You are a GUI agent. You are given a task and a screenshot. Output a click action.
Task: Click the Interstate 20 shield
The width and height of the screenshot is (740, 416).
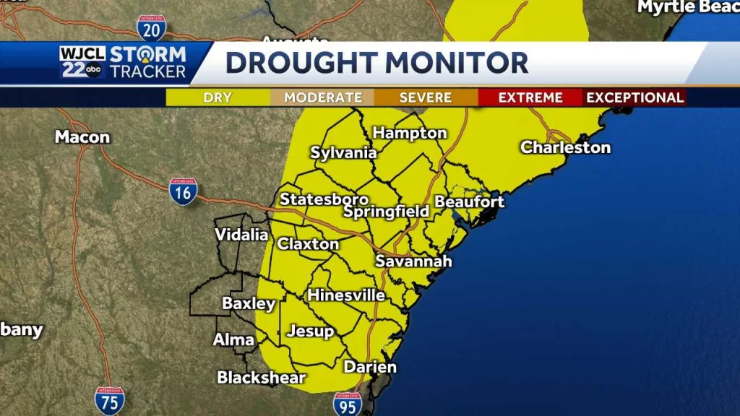point(151,27)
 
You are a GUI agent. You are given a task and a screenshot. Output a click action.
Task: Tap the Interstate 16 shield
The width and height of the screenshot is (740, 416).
point(183,191)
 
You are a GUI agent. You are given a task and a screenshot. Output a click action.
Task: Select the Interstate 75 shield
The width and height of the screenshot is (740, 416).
point(109,400)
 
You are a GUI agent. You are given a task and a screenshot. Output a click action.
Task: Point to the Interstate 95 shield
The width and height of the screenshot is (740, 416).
point(348,404)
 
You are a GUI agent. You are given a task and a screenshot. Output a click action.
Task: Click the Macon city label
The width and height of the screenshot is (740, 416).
point(82,137)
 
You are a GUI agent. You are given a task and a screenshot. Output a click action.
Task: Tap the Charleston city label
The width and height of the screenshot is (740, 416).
point(565,147)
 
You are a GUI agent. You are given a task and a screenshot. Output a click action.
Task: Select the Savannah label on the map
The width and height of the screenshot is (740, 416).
point(413,261)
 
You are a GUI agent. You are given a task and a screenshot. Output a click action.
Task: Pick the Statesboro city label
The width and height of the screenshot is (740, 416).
point(324,199)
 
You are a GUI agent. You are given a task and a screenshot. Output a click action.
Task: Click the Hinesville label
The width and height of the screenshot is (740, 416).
point(346,295)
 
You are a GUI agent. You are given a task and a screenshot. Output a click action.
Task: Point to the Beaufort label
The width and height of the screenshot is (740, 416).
point(469,201)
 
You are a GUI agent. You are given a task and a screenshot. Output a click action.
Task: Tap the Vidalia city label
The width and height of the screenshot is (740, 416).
point(241,235)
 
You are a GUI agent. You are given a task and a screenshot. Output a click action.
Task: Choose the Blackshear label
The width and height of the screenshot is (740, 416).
point(262,377)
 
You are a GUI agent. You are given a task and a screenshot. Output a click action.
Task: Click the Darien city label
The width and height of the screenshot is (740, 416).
point(370,367)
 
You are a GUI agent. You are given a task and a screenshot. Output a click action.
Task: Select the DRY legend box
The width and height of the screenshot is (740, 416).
point(218,97)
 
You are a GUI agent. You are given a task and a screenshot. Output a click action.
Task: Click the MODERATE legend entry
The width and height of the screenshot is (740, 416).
point(322,97)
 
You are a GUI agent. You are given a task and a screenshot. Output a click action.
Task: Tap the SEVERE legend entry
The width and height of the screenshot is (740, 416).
point(426,97)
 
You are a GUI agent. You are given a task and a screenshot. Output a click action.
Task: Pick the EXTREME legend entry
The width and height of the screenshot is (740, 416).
point(530,97)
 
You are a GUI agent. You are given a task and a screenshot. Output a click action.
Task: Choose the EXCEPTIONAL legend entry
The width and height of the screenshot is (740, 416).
point(634,97)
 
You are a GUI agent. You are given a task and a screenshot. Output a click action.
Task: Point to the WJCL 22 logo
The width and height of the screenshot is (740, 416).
point(83,62)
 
